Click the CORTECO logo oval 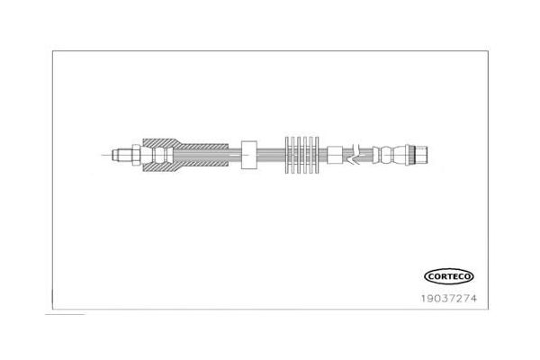pyautogui.click(x=449, y=276)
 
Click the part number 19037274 pyautogui.click(x=449, y=298)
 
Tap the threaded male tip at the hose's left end pyautogui.click(x=121, y=155)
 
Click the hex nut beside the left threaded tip pyautogui.click(x=137, y=155)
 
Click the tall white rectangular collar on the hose pyautogui.click(x=249, y=155)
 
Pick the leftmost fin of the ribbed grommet pyautogui.click(x=289, y=155)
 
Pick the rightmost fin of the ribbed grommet pyautogui.click(x=316, y=155)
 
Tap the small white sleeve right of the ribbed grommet pyautogui.click(x=335, y=155)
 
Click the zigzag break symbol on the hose pyautogui.click(x=355, y=154)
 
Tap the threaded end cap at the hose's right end pyautogui.click(x=422, y=155)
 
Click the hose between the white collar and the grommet pyautogui.click(x=272, y=155)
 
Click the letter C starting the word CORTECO pyautogui.click(x=431, y=276)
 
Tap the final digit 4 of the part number pyautogui.click(x=473, y=298)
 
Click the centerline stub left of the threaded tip pyautogui.click(x=107, y=155)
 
